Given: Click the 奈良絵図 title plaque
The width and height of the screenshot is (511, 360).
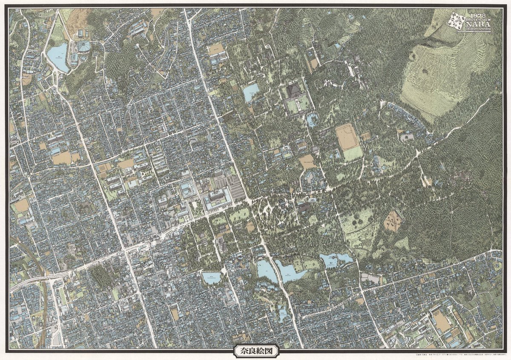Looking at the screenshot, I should pyautogui.click(x=255, y=351).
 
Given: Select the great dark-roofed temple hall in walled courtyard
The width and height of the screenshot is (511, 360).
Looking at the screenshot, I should pyautogui.click(x=294, y=91).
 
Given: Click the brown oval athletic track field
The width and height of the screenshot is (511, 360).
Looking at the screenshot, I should pyautogui.click(x=347, y=136).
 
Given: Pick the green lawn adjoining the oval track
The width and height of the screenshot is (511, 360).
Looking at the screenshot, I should pyautogui.click(x=353, y=153).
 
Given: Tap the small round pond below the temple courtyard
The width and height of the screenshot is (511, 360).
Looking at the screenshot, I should pyautogui.click(x=312, y=120).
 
